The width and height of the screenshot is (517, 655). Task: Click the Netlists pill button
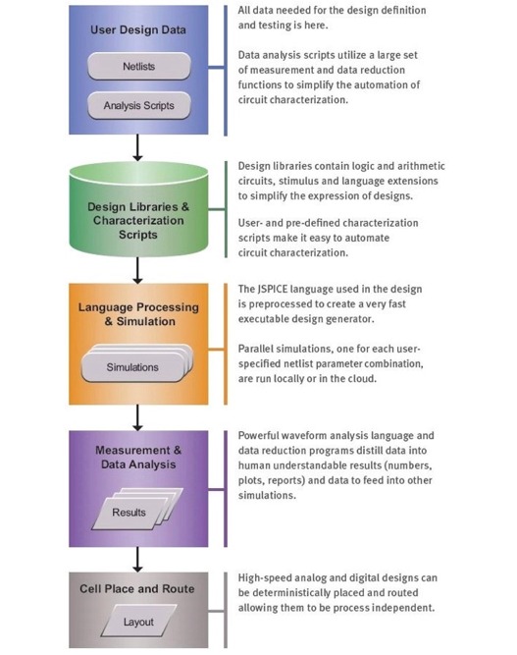click(x=139, y=66)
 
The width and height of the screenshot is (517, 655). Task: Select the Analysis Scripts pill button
click(x=139, y=105)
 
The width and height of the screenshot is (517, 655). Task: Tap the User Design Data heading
click(x=138, y=30)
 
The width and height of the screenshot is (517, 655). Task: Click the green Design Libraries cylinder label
click(x=138, y=221)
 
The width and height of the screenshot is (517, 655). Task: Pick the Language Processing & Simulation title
click(x=138, y=314)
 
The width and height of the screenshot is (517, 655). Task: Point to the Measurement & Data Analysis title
click(x=138, y=457)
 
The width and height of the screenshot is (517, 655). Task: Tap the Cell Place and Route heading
click(x=137, y=588)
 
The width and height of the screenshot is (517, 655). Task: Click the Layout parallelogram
click(x=138, y=622)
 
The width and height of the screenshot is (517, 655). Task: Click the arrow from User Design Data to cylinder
click(x=137, y=147)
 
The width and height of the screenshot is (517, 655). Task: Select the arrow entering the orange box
click(x=137, y=270)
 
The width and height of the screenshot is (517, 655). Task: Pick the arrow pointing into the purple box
click(x=137, y=417)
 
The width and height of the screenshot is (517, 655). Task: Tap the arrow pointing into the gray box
click(x=137, y=560)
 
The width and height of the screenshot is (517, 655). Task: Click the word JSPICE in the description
click(x=273, y=289)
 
